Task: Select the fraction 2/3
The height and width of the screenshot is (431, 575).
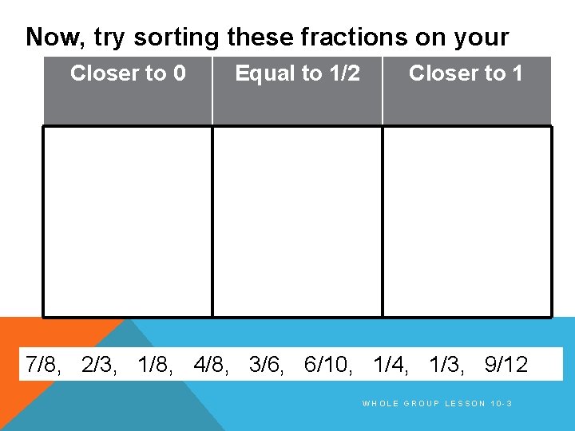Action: (97, 365)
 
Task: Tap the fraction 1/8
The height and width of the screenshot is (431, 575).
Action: (154, 365)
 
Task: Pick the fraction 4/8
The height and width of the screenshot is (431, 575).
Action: (210, 365)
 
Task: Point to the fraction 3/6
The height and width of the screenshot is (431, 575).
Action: (265, 365)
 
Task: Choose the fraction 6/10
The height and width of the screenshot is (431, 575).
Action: (326, 365)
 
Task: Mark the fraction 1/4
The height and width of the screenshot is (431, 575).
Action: (389, 365)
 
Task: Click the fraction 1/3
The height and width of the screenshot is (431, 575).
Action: (445, 365)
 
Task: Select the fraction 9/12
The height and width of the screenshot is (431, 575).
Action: (506, 365)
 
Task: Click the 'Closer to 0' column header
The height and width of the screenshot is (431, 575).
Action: (128, 74)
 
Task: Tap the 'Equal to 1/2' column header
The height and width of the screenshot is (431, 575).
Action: (297, 74)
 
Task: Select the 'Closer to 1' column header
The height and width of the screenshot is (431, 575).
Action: (466, 74)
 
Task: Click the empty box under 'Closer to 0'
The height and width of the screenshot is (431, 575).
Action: (128, 222)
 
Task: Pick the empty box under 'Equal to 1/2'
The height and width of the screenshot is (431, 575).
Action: (297, 222)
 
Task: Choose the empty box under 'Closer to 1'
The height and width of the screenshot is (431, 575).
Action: (467, 222)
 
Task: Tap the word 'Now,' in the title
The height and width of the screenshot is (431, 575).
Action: (56, 38)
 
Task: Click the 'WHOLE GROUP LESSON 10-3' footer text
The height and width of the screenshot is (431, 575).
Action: (437, 404)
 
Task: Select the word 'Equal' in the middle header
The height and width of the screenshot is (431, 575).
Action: (264, 74)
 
